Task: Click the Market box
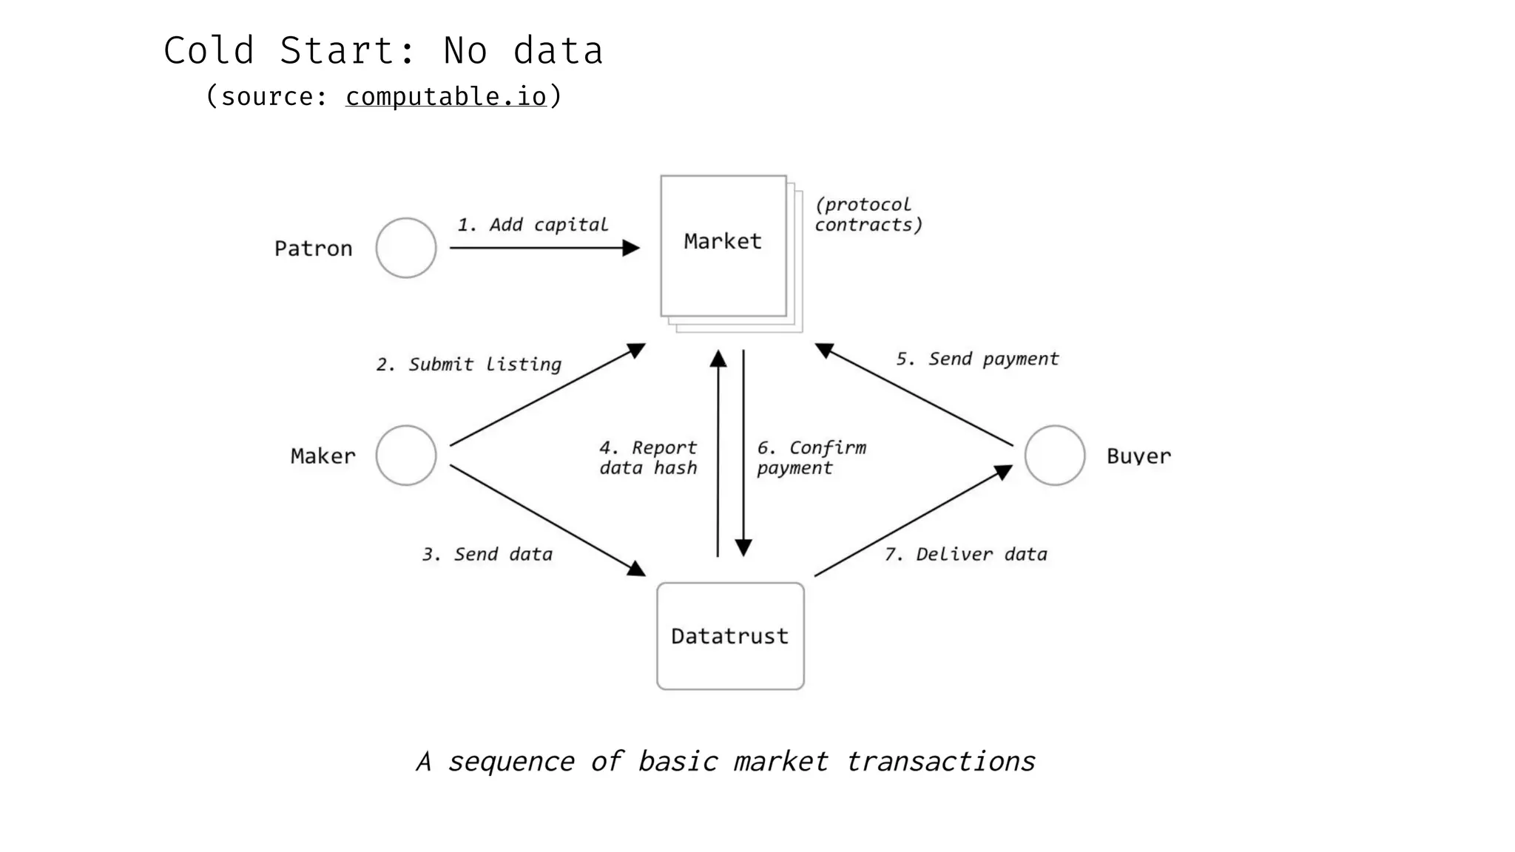[x=723, y=246]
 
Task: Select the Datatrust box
[x=730, y=636]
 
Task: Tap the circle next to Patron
[x=406, y=248]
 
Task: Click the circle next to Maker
[x=406, y=456]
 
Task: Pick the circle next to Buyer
[x=1055, y=456]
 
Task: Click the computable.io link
[x=446, y=97]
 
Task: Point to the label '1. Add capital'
[x=533, y=225]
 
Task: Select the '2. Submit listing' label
[x=469, y=365]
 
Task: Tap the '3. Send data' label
[x=487, y=555]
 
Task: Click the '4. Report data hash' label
[x=648, y=458]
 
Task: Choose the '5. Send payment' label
[x=977, y=359]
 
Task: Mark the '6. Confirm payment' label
[x=811, y=458]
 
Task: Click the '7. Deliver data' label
[x=966, y=555]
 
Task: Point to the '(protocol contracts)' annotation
[x=868, y=214]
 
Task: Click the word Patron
[x=314, y=248]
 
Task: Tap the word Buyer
[x=1138, y=456]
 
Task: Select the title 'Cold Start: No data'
[x=383, y=51]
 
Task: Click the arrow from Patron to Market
[x=544, y=248]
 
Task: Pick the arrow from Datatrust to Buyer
[x=914, y=521]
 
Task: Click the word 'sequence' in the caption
[x=511, y=762]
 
